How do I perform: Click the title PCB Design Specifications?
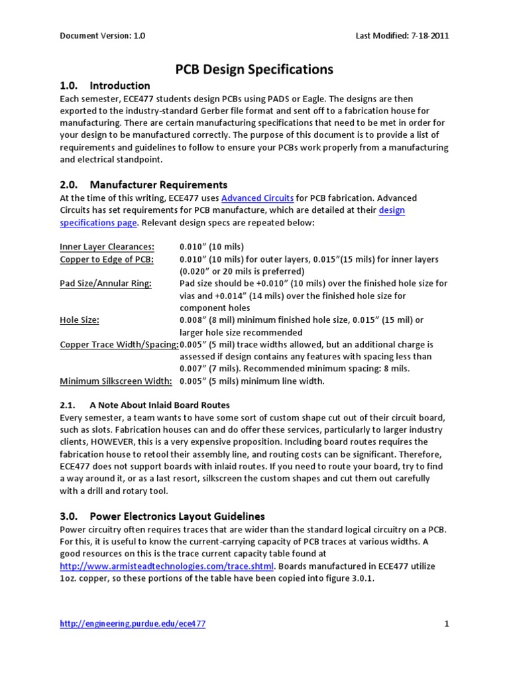[254, 69]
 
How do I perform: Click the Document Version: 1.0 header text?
[103, 36]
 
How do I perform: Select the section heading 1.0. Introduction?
[105, 86]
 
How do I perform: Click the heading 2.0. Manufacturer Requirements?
[143, 185]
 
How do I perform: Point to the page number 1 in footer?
[447, 624]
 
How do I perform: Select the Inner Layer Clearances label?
[107, 247]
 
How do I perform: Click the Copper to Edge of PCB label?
[107, 259]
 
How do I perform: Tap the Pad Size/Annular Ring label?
[105, 283]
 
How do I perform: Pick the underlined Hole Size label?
[80, 320]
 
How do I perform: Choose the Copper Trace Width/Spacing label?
[119, 344]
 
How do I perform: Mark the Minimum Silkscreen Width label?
[116, 381]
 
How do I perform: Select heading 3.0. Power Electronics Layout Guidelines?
[162, 516]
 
